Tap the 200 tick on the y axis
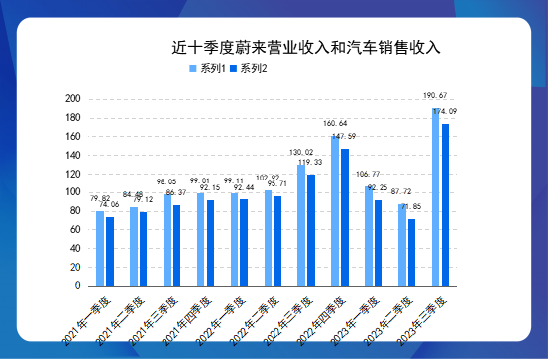[x=72, y=99]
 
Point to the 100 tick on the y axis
[x=72, y=192]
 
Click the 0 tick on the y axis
[x=77, y=286]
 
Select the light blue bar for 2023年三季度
[x=435, y=196]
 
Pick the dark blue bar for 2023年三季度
[x=446, y=204]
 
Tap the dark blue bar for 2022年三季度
[x=311, y=230]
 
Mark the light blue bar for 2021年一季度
[x=100, y=248]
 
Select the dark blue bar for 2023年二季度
[x=412, y=252]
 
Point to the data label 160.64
[x=336, y=125]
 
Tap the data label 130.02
[x=301, y=153]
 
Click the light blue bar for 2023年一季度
[x=369, y=236]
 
